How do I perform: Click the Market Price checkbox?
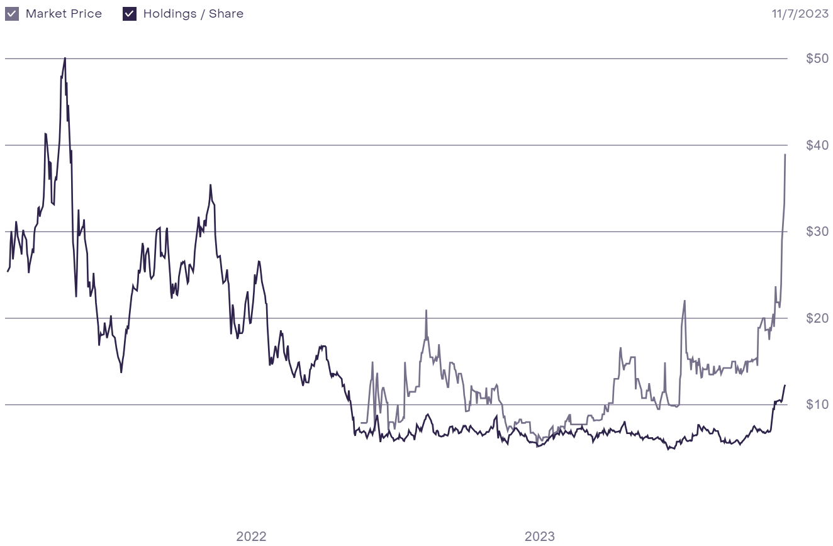pos(12,14)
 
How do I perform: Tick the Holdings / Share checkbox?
pos(130,14)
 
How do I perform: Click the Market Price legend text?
pos(64,14)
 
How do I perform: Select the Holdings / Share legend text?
pos(193,14)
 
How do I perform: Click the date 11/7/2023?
pos(800,14)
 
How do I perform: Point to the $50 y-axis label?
pos(817,59)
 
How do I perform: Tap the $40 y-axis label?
pos(817,145)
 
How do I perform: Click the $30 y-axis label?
pos(817,231)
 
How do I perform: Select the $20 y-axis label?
pos(817,318)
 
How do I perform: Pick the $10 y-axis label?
pos(817,404)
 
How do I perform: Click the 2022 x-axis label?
pos(251,537)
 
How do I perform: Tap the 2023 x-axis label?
pos(540,537)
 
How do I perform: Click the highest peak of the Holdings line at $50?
pos(65,58)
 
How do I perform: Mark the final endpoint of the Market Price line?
pos(785,155)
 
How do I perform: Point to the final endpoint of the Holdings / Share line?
pos(785,385)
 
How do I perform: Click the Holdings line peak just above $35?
pos(211,185)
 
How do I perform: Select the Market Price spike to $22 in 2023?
pos(685,301)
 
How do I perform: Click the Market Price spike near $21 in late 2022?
pos(426,310)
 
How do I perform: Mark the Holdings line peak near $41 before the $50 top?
pos(45,133)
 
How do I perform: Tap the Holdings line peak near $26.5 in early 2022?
pos(258,261)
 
